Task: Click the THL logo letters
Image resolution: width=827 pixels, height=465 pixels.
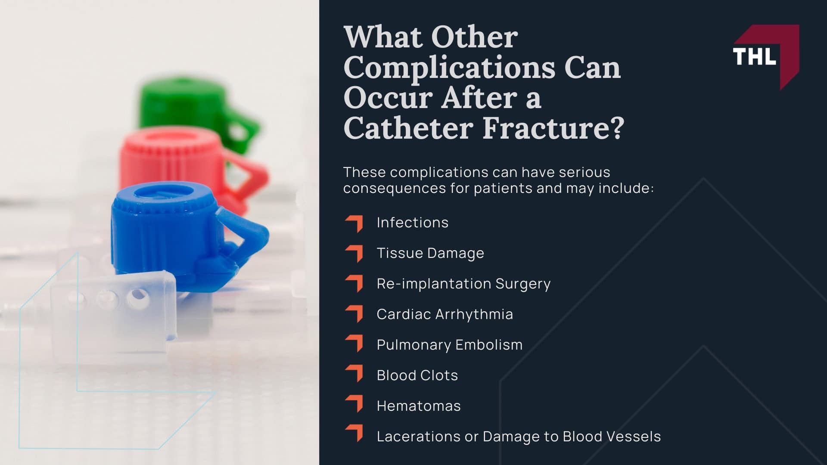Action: (x=754, y=56)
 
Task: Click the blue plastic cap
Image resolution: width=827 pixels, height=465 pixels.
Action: (x=172, y=232)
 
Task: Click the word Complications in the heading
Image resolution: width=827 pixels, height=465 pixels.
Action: (x=449, y=68)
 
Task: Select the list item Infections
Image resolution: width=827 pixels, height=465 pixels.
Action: (x=412, y=223)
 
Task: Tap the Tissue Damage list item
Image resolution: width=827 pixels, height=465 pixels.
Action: (x=430, y=253)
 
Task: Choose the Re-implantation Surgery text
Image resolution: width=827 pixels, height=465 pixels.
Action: (x=463, y=284)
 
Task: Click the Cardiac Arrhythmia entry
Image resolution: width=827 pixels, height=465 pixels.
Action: (x=445, y=314)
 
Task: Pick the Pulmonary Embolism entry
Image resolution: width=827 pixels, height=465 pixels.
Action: (x=449, y=345)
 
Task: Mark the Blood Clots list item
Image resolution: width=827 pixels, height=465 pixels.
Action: (x=417, y=375)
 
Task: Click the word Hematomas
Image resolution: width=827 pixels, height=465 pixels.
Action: (x=418, y=406)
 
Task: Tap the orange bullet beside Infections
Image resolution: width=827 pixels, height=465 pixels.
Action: (x=354, y=223)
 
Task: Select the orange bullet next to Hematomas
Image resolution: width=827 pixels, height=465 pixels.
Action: (x=354, y=404)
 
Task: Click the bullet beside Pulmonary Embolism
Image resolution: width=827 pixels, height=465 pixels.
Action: (x=354, y=344)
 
